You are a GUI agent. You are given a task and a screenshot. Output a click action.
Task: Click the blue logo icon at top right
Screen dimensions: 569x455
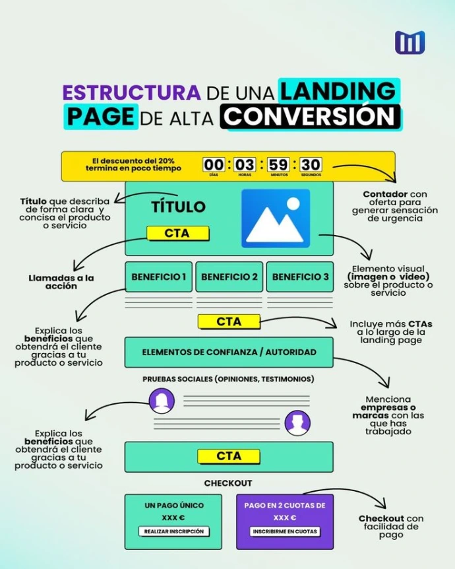point(409,43)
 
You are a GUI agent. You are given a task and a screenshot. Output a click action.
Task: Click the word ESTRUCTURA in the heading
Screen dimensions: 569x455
point(131,91)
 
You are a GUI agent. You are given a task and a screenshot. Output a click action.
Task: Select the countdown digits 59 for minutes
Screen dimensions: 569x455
point(278,164)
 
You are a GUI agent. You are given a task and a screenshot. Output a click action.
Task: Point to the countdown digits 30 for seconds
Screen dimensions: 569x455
point(311,164)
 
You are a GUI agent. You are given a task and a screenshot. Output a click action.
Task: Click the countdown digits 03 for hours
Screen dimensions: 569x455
point(245,164)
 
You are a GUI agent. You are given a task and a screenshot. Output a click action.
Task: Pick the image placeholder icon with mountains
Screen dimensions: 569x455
point(275,218)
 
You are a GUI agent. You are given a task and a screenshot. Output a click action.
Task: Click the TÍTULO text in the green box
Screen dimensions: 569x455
point(178,207)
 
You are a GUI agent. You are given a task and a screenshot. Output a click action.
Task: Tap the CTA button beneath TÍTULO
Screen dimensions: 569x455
point(177,233)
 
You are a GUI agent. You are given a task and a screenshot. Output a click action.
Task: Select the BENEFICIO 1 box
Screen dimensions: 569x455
point(158,277)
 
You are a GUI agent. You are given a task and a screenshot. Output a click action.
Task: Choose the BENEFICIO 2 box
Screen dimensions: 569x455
point(229,277)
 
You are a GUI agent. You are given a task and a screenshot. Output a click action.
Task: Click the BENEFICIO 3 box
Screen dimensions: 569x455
point(300,277)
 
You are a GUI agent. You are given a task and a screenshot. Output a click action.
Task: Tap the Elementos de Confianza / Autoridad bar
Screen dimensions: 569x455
point(229,352)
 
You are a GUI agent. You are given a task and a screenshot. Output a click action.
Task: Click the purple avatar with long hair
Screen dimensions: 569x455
point(162,401)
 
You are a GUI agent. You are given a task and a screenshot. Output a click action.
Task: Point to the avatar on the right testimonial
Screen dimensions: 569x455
point(297,423)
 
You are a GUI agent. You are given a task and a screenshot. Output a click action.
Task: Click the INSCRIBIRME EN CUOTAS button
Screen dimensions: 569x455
point(285,531)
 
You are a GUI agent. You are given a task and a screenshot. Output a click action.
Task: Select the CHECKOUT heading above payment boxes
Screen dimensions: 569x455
point(228,483)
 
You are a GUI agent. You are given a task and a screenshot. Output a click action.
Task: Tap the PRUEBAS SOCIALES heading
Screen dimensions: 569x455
point(228,379)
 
